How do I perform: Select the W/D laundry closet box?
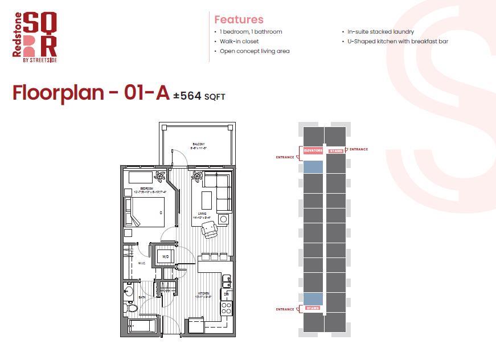[166, 257]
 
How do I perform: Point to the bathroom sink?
[129, 292]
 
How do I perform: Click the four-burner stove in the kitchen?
[226, 308]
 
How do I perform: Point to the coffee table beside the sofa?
[206, 200]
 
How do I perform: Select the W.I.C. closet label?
[142, 263]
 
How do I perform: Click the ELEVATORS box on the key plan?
[313, 151]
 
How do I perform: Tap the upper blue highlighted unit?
[313, 166]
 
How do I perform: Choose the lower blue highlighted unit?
[313, 298]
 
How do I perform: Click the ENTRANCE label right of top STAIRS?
[358, 149]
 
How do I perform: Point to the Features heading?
[239, 19]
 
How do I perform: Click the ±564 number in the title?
[187, 96]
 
